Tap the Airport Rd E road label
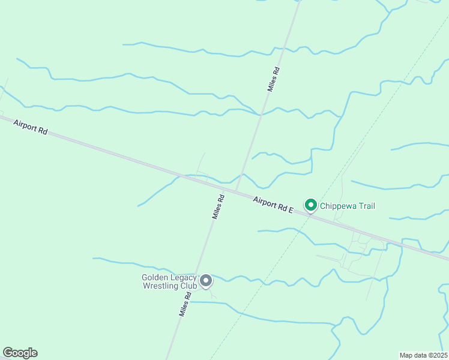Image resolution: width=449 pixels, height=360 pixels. (x=273, y=205)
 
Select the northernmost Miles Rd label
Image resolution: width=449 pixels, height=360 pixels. (x=274, y=79)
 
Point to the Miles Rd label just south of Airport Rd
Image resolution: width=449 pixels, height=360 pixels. (x=218, y=206)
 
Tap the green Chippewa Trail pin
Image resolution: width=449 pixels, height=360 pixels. (x=311, y=206)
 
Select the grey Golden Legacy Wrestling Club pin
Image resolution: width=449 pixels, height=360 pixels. (x=206, y=281)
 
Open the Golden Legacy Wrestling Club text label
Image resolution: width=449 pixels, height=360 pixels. (x=169, y=281)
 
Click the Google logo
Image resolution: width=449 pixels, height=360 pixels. (x=20, y=353)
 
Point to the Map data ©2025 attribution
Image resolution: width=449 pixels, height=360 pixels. (x=423, y=355)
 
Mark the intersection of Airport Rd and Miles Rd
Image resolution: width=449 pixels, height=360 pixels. (x=235, y=191)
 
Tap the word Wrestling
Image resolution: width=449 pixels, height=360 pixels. (x=161, y=286)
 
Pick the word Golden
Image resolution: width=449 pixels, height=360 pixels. (x=154, y=277)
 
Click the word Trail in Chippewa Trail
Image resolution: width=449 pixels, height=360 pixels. (x=367, y=206)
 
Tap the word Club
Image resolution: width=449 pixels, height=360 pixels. (x=188, y=286)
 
